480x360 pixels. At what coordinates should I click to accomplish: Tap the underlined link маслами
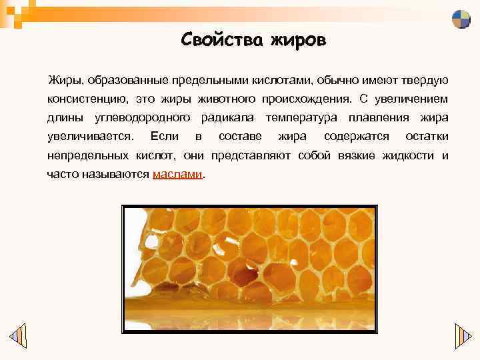[177, 175]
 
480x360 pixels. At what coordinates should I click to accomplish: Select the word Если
[165, 137]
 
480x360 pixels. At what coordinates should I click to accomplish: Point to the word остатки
[427, 137]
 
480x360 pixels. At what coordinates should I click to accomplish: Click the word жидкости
[408, 156]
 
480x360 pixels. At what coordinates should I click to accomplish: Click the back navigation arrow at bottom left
[18, 335]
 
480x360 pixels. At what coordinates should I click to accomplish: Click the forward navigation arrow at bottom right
[463, 335]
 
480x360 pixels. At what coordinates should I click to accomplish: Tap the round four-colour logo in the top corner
[461, 19]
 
